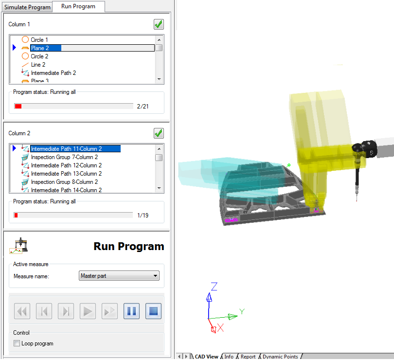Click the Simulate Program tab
pyautogui.click(x=27, y=7)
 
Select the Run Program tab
pyautogui.click(x=78, y=6)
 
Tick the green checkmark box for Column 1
pyautogui.click(x=159, y=24)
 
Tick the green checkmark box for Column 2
pyautogui.click(x=159, y=133)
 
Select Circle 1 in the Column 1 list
pyautogui.click(x=39, y=40)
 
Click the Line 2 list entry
pyautogui.click(x=38, y=65)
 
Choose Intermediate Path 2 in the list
pyautogui.click(x=54, y=73)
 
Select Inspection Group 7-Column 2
pyautogui.click(x=64, y=157)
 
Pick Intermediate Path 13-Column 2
pyautogui.click(x=66, y=174)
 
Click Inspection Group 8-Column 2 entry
pyautogui.click(x=64, y=182)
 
